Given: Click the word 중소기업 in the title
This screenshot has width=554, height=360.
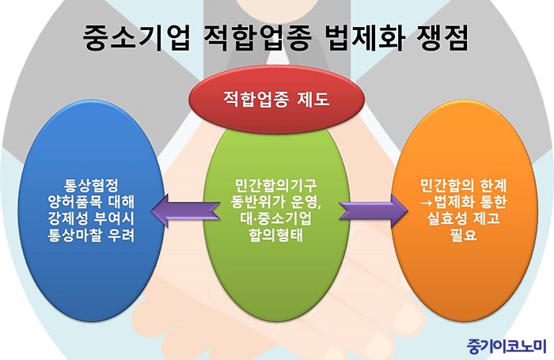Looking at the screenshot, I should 135,38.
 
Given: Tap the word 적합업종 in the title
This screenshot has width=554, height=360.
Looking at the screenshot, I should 253,38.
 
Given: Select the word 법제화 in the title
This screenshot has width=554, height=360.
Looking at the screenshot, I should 355,38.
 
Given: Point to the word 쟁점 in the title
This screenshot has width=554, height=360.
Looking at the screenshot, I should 440,38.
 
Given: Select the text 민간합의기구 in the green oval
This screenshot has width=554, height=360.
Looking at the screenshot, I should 275,188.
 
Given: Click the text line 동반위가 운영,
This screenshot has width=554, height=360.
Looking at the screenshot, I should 275,203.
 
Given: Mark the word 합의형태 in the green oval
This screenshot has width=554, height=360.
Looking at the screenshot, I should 275,235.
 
